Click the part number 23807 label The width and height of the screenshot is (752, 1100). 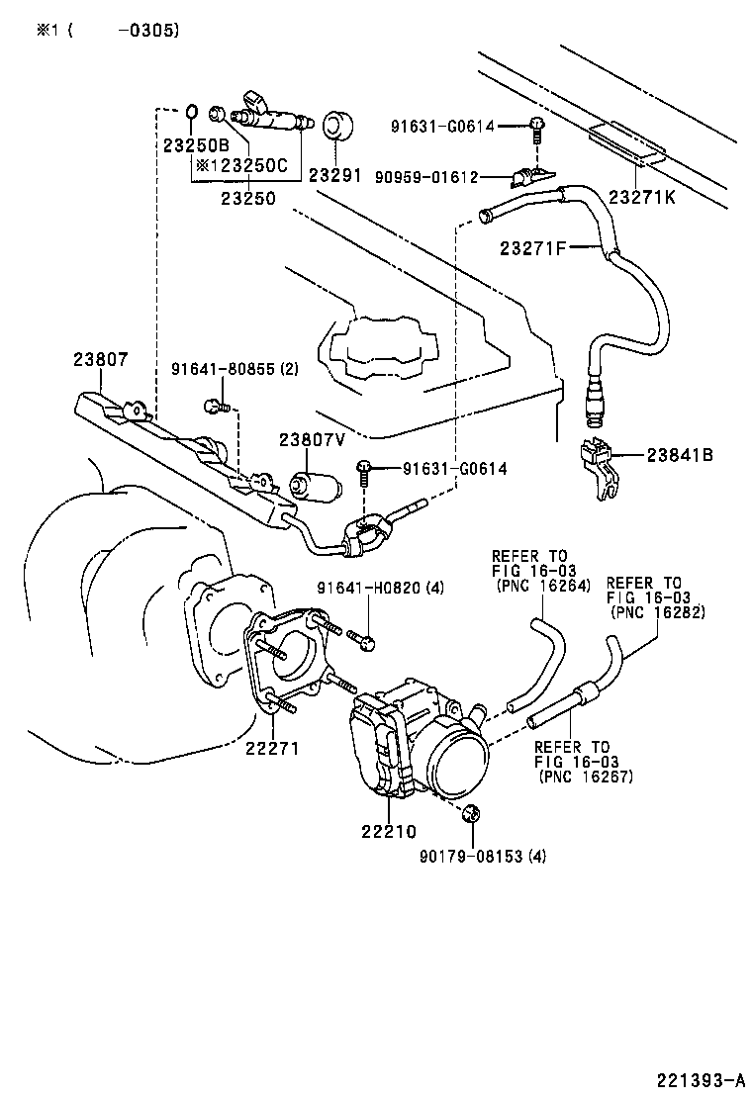tap(100, 362)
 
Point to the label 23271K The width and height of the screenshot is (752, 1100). tap(641, 198)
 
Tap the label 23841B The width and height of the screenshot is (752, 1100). tap(680, 455)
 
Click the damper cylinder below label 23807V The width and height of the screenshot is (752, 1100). tap(315, 484)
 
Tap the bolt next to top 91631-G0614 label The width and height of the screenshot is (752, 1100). tap(537, 125)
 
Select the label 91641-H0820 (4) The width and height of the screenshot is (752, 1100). tap(380, 588)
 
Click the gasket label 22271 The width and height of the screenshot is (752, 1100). tap(272, 748)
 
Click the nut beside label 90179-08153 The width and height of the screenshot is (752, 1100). tap(471, 813)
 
